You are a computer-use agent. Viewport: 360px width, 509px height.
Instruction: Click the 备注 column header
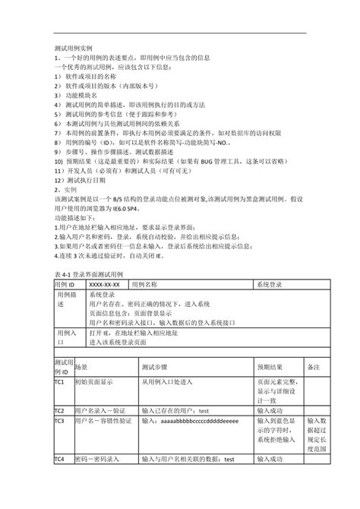click(314, 365)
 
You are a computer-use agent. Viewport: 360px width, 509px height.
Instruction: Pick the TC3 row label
click(59, 420)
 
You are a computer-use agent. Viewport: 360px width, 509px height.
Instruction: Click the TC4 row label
click(59, 459)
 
